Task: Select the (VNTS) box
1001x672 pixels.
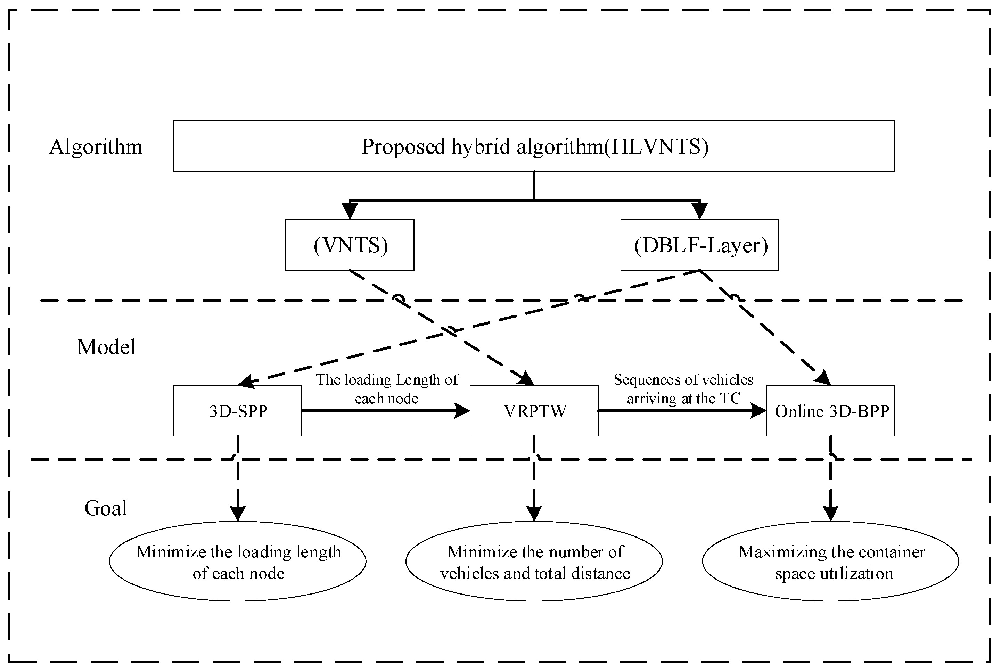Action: (350, 245)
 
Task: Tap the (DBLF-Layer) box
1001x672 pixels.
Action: (699, 245)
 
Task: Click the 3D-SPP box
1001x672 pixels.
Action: (237, 411)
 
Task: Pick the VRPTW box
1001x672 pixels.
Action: (534, 411)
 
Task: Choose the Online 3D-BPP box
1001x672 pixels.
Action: (830, 411)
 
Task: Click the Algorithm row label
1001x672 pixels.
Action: (96, 147)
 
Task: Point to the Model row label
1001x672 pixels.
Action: (106, 347)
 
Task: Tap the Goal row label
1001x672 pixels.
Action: (105, 508)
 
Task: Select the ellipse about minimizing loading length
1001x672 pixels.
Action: (237, 562)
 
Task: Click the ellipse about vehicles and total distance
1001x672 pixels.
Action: (534, 562)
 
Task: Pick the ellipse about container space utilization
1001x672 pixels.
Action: (830, 562)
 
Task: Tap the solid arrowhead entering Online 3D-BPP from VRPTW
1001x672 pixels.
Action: (758, 411)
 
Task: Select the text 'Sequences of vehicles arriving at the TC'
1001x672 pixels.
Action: (683, 389)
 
